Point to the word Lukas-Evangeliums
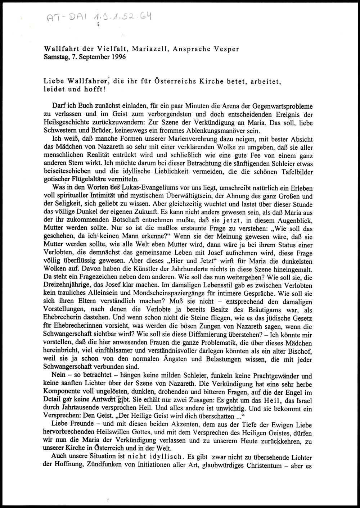[151, 188]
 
